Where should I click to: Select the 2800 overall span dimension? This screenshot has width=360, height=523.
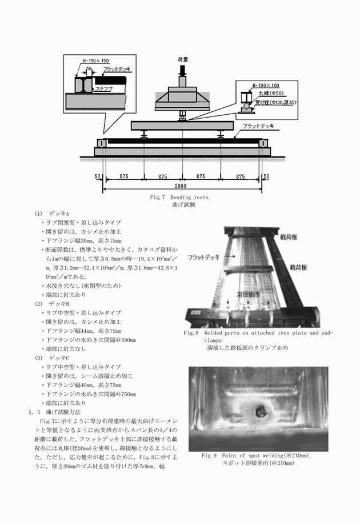[181, 186]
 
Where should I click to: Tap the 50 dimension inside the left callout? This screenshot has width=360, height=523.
[89, 69]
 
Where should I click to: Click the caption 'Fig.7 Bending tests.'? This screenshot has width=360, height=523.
[180, 197]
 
